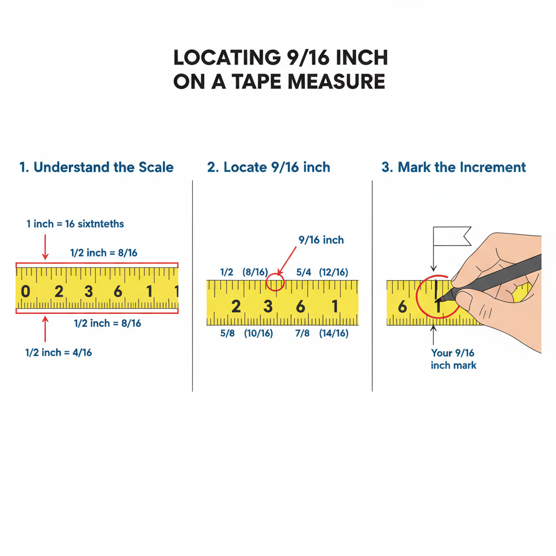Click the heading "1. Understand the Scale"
tap(96, 167)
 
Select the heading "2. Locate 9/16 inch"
tap(268, 167)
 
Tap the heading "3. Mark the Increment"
tap(453, 167)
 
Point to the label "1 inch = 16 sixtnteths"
tap(75, 224)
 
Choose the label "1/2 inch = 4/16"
tap(59, 352)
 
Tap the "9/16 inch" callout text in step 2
tap(321, 240)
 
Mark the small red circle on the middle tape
tap(275, 282)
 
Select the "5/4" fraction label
tap(303, 272)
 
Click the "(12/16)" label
tap(333, 272)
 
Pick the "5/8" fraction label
tap(227, 333)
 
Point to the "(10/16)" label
tap(258, 333)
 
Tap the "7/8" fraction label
tap(302, 333)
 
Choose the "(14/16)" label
tap(333, 333)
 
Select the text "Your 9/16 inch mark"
tap(453, 359)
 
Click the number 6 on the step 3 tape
tap(402, 307)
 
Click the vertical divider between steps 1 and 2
tap(193, 285)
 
